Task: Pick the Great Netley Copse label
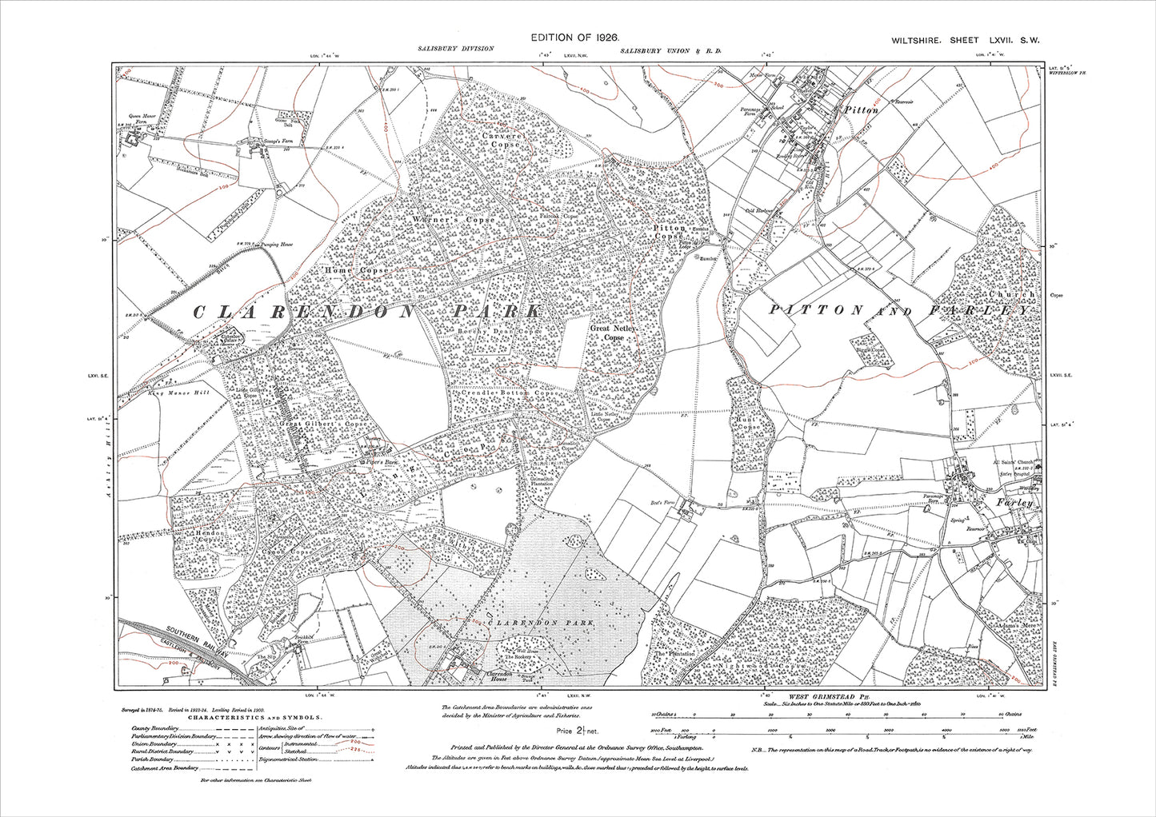614,333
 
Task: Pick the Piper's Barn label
372,463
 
